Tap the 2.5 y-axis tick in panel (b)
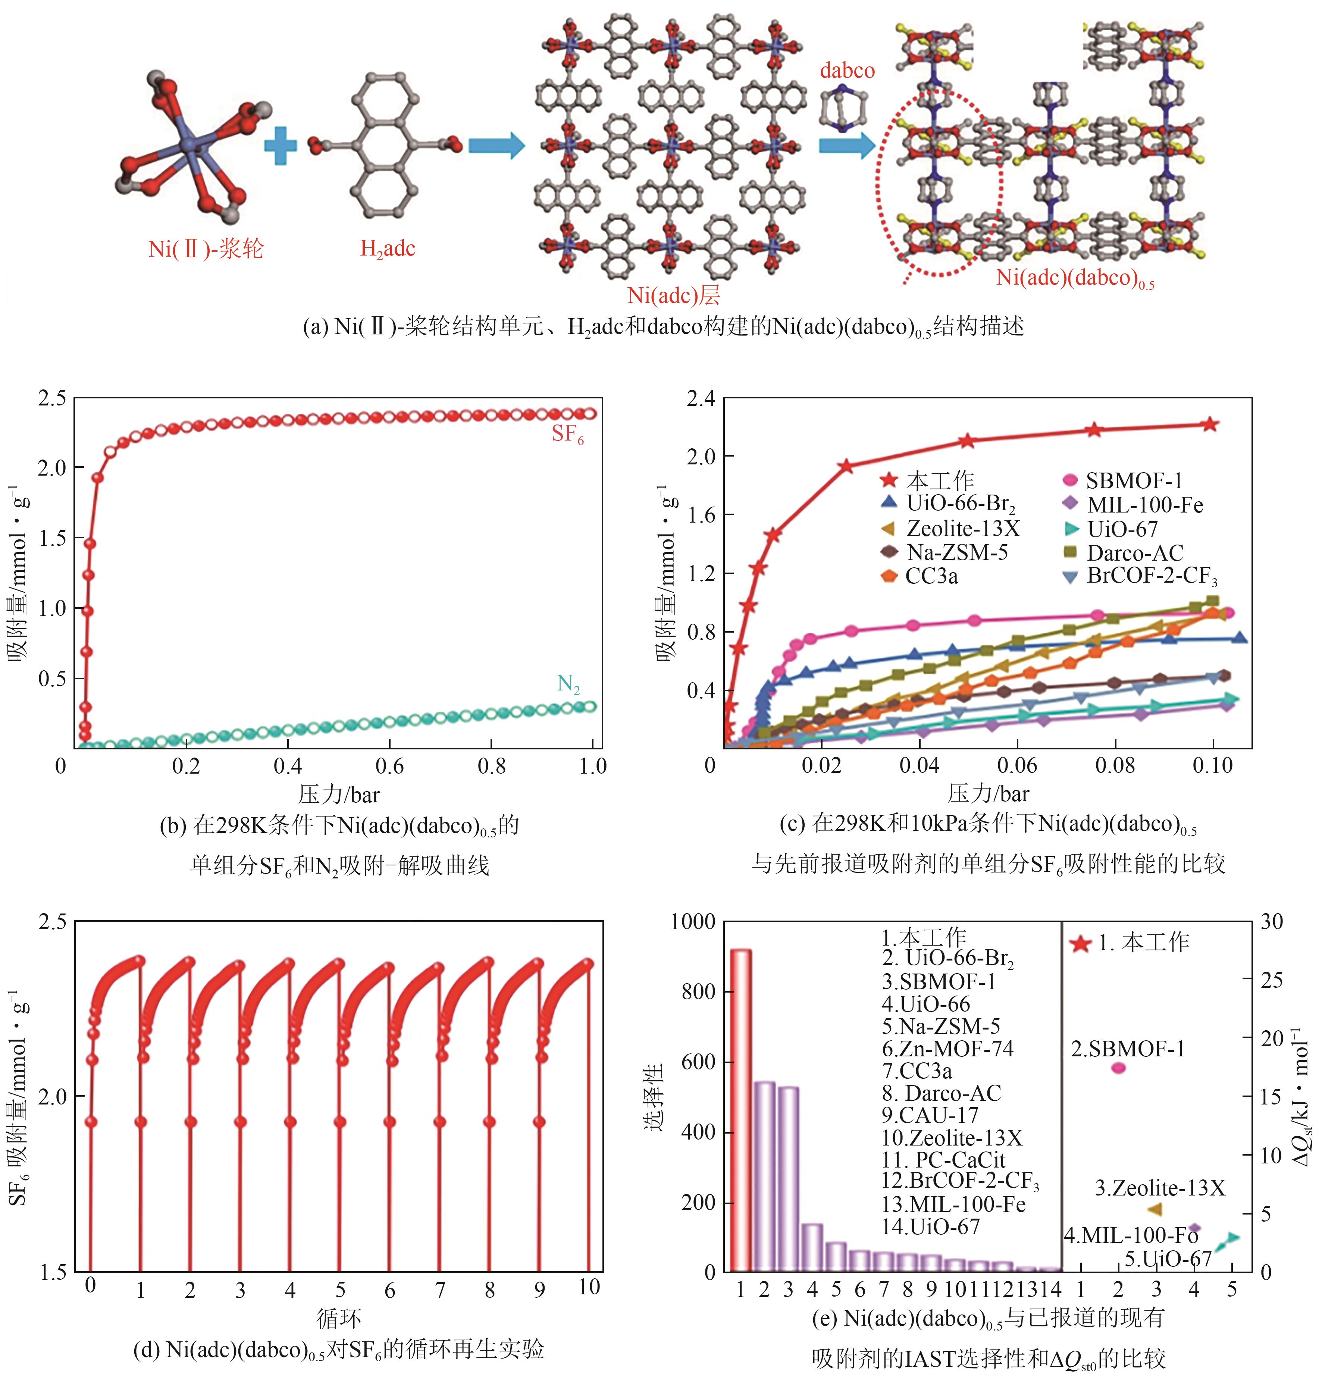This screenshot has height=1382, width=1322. coord(51,399)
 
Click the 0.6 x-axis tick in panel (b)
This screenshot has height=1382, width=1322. coord(390,766)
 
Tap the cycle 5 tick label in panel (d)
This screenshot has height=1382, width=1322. coord(340,1289)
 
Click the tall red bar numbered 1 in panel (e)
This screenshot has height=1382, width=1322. coord(740,1110)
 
